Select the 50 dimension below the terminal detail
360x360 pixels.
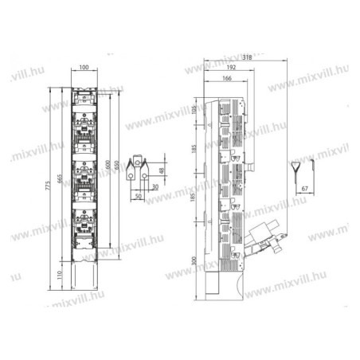coord(138,196)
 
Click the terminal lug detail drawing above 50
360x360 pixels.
coord(139,166)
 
